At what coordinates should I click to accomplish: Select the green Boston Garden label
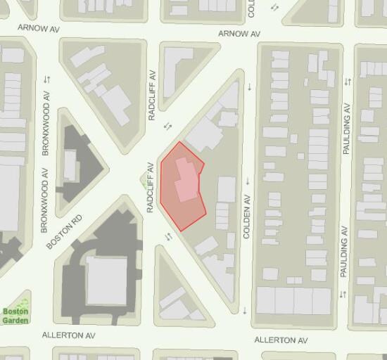15,316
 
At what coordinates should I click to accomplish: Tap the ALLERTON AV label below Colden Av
281,340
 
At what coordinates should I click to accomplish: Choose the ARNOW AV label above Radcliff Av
239,33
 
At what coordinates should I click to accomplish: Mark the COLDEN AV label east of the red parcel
247,219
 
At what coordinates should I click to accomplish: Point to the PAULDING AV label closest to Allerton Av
344,251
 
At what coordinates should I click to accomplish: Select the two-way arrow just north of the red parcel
167,126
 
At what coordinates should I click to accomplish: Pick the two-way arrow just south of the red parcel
167,236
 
